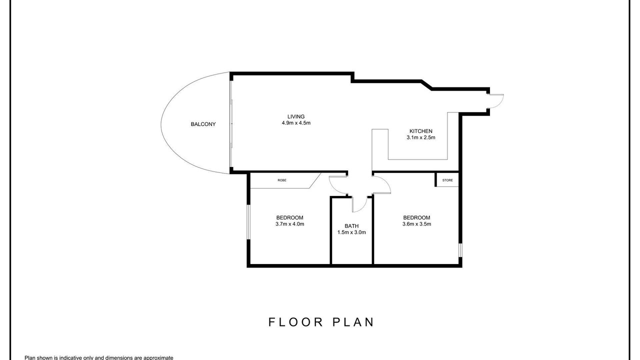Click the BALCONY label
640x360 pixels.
pyautogui.click(x=203, y=124)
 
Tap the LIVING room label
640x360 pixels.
pyautogui.click(x=296, y=116)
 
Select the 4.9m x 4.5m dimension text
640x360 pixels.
pyautogui.click(x=296, y=123)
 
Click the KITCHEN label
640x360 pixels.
pyautogui.click(x=421, y=131)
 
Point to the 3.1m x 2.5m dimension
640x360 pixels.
pyautogui.click(x=421, y=137)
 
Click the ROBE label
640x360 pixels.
pyautogui.click(x=281, y=180)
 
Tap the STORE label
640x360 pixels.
pyautogui.click(x=447, y=180)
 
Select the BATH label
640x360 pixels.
pyautogui.click(x=351, y=226)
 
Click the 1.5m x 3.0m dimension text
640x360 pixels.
pyautogui.click(x=351, y=232)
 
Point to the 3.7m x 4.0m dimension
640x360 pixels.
pyautogui.click(x=289, y=224)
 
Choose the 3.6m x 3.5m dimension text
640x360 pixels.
pyautogui.click(x=416, y=224)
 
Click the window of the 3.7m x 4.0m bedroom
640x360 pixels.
pyautogui.click(x=248, y=221)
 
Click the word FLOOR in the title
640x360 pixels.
pyautogui.click(x=295, y=322)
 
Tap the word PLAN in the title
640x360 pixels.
pyautogui.click(x=353, y=322)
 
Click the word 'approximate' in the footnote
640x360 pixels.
pyautogui.click(x=159, y=357)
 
